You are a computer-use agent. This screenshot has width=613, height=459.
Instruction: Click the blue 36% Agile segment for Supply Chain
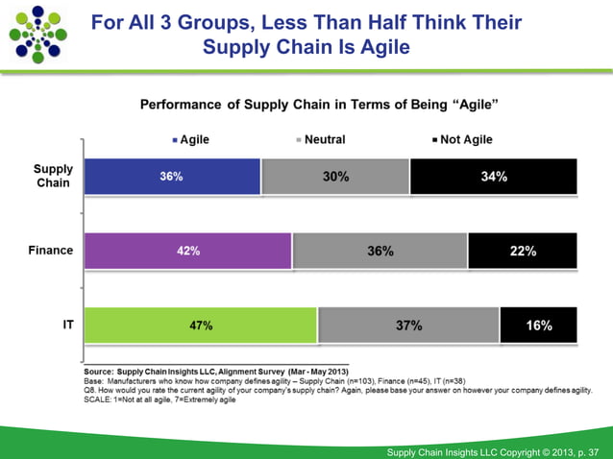(172, 177)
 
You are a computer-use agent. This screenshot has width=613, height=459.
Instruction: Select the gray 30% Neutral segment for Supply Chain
(335, 177)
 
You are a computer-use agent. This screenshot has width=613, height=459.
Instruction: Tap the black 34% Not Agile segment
(493, 177)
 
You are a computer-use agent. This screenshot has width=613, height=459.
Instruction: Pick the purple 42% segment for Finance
(187, 251)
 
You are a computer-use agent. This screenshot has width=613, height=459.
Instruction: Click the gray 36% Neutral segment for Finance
(380, 251)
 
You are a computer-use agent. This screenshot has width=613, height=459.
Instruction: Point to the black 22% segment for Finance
(522, 251)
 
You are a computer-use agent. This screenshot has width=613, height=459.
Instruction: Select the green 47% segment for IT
(200, 326)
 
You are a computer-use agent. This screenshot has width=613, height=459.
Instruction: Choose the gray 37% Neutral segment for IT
(408, 326)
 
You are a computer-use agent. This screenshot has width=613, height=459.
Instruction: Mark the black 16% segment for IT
(538, 326)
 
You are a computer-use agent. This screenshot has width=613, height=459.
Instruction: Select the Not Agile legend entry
(460, 139)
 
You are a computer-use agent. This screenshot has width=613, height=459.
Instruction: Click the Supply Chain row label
(53, 176)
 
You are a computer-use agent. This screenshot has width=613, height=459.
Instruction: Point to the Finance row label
(50, 251)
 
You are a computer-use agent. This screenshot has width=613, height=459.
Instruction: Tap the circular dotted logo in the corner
(37, 34)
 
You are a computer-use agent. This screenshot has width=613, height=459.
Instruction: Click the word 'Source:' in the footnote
(99, 372)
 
